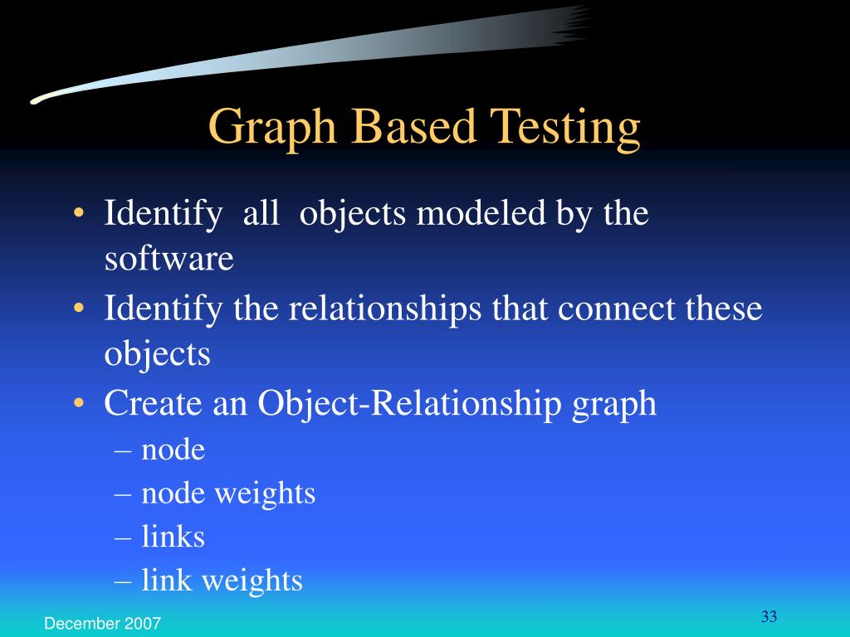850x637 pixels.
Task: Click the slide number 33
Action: point(768,616)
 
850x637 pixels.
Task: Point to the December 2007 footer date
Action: point(103,623)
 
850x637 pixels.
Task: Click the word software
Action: point(169,260)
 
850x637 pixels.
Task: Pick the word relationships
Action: point(386,309)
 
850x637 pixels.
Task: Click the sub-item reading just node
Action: point(173,450)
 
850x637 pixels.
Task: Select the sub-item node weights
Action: point(228,494)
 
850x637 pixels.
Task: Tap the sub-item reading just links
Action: point(173,537)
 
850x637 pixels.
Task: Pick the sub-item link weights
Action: point(222,581)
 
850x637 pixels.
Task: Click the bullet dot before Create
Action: point(78,404)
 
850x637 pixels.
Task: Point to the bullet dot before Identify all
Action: point(78,214)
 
